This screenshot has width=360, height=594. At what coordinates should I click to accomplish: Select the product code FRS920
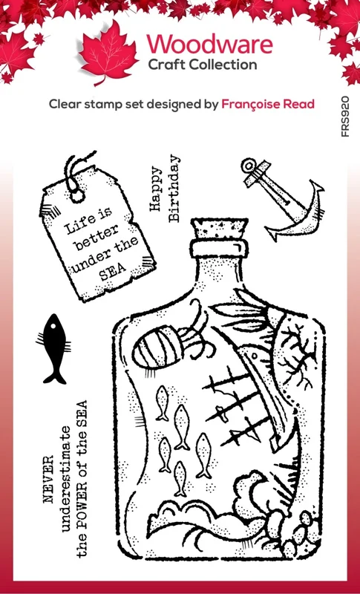(345, 117)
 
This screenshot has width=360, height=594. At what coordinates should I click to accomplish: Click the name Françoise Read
(268, 104)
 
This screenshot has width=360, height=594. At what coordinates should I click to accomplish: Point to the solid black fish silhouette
(53, 348)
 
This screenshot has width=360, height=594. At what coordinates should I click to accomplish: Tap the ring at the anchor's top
(249, 166)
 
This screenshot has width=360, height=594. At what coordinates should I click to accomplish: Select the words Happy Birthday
(164, 189)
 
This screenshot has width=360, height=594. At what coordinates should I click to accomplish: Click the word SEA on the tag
(112, 272)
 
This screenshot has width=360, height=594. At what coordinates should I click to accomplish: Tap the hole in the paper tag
(77, 195)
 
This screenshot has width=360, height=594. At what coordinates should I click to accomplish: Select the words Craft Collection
(203, 65)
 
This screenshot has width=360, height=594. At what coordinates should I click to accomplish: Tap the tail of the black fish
(54, 376)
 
